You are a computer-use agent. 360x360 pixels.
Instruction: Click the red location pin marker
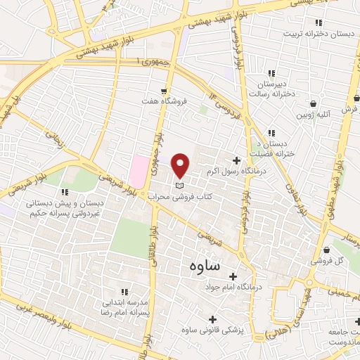click(x=181, y=166)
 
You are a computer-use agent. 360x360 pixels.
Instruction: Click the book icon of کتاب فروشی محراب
click(x=179, y=184)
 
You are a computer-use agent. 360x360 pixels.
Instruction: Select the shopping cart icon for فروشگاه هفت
click(x=164, y=91)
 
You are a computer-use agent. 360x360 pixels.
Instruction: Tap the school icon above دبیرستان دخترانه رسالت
click(x=271, y=74)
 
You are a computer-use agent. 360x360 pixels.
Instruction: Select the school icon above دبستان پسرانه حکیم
click(x=65, y=192)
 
